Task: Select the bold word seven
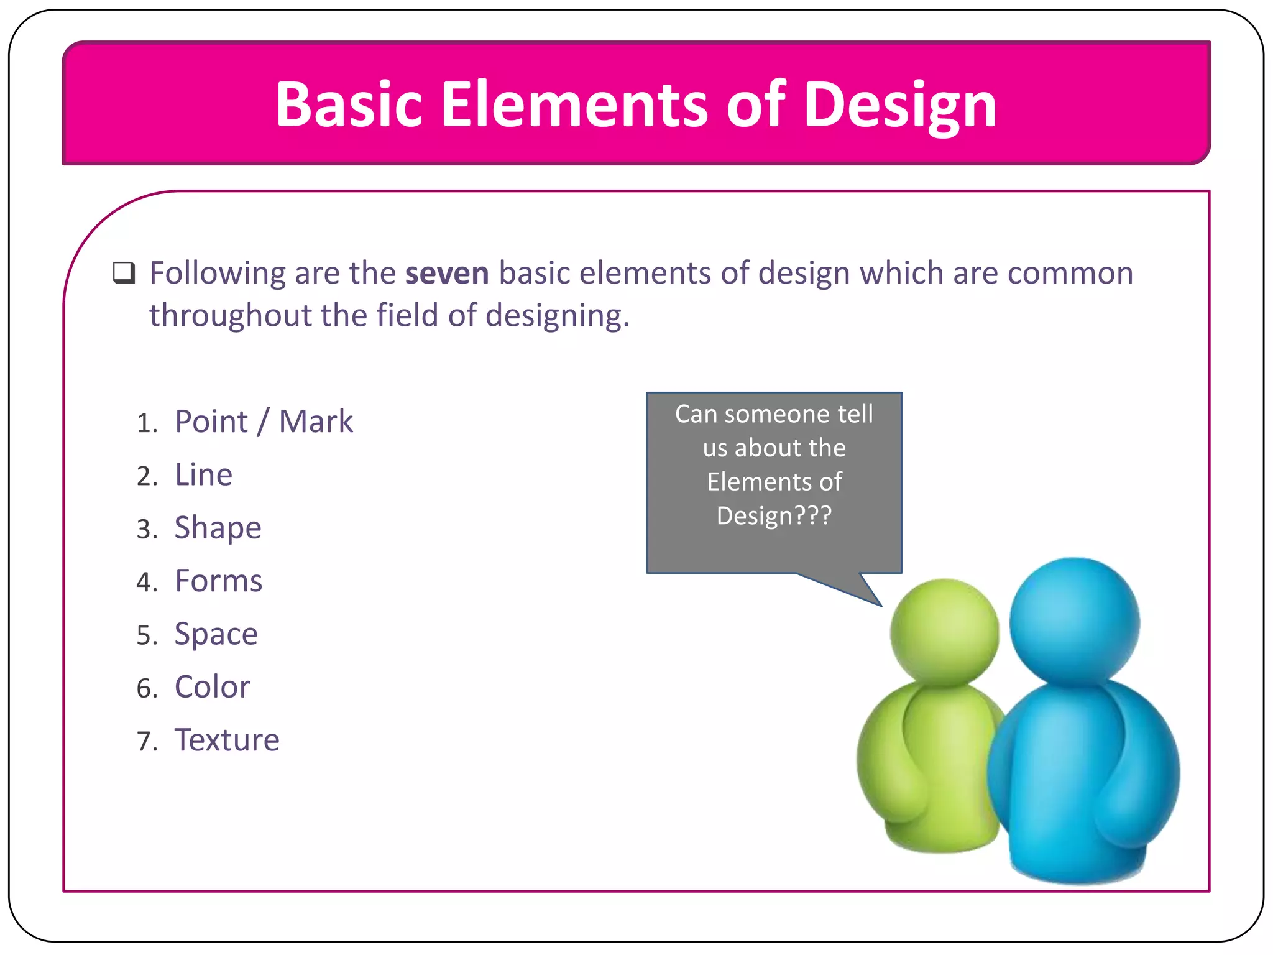click(x=447, y=274)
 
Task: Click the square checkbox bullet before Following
click(x=124, y=273)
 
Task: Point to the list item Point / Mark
click(x=264, y=422)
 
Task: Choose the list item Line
click(x=203, y=475)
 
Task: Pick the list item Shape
click(x=218, y=528)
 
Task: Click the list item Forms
click(x=218, y=581)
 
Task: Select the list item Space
click(x=216, y=635)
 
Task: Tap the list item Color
click(x=212, y=688)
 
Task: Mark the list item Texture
click(x=227, y=740)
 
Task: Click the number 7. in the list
click(x=147, y=742)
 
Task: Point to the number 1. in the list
click(x=147, y=423)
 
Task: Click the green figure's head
click(x=944, y=631)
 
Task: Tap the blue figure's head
click(x=1074, y=621)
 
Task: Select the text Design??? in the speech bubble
click(x=774, y=516)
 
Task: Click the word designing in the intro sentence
click(x=557, y=316)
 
